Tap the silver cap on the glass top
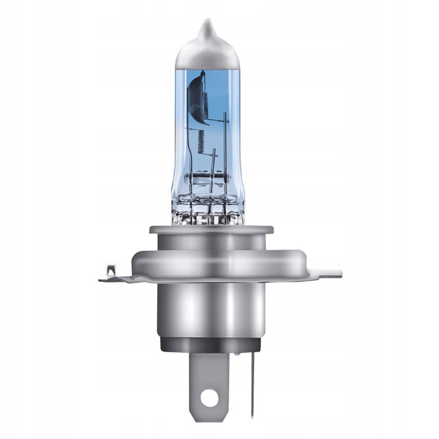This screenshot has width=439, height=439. (x=208, y=52)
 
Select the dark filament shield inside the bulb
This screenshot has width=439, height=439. (x=196, y=98)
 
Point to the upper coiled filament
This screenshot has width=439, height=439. (x=204, y=100)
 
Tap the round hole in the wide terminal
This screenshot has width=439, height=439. (x=209, y=398)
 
